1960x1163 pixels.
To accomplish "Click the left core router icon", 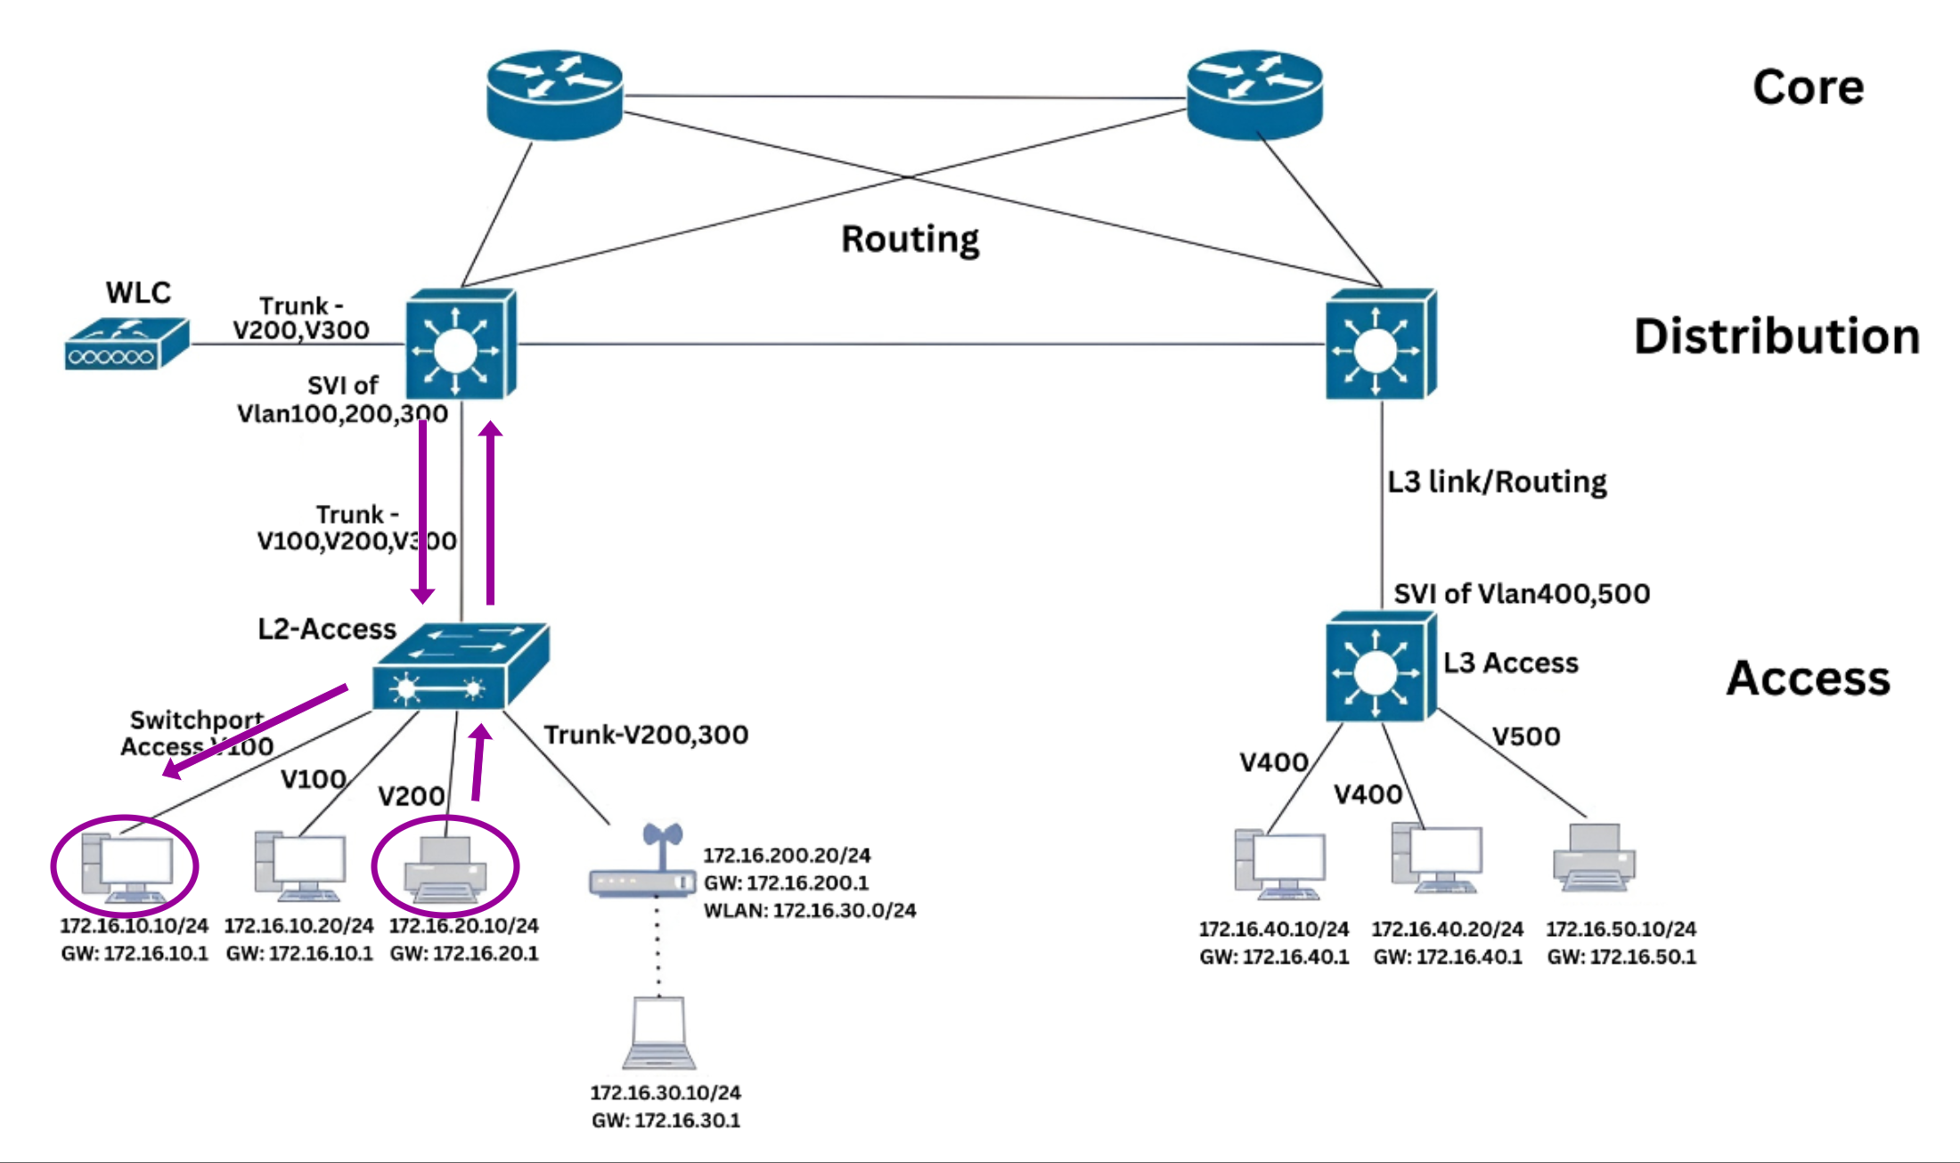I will point(554,94).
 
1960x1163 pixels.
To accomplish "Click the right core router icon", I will point(1254,94).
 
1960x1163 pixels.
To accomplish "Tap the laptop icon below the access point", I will point(659,1033).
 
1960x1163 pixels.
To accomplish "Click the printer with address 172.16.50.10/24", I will point(1594,857).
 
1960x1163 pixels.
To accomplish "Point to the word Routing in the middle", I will point(910,239).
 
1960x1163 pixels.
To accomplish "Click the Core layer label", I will point(1808,87).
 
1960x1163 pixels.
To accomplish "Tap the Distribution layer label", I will point(1776,337).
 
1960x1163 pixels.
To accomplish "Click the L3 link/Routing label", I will point(1497,482).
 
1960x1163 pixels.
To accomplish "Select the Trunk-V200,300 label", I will point(646,735).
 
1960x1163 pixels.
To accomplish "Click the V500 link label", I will point(1526,736).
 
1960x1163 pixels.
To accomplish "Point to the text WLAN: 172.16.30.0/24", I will point(809,910).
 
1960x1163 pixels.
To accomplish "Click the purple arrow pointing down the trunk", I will point(422,512).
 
